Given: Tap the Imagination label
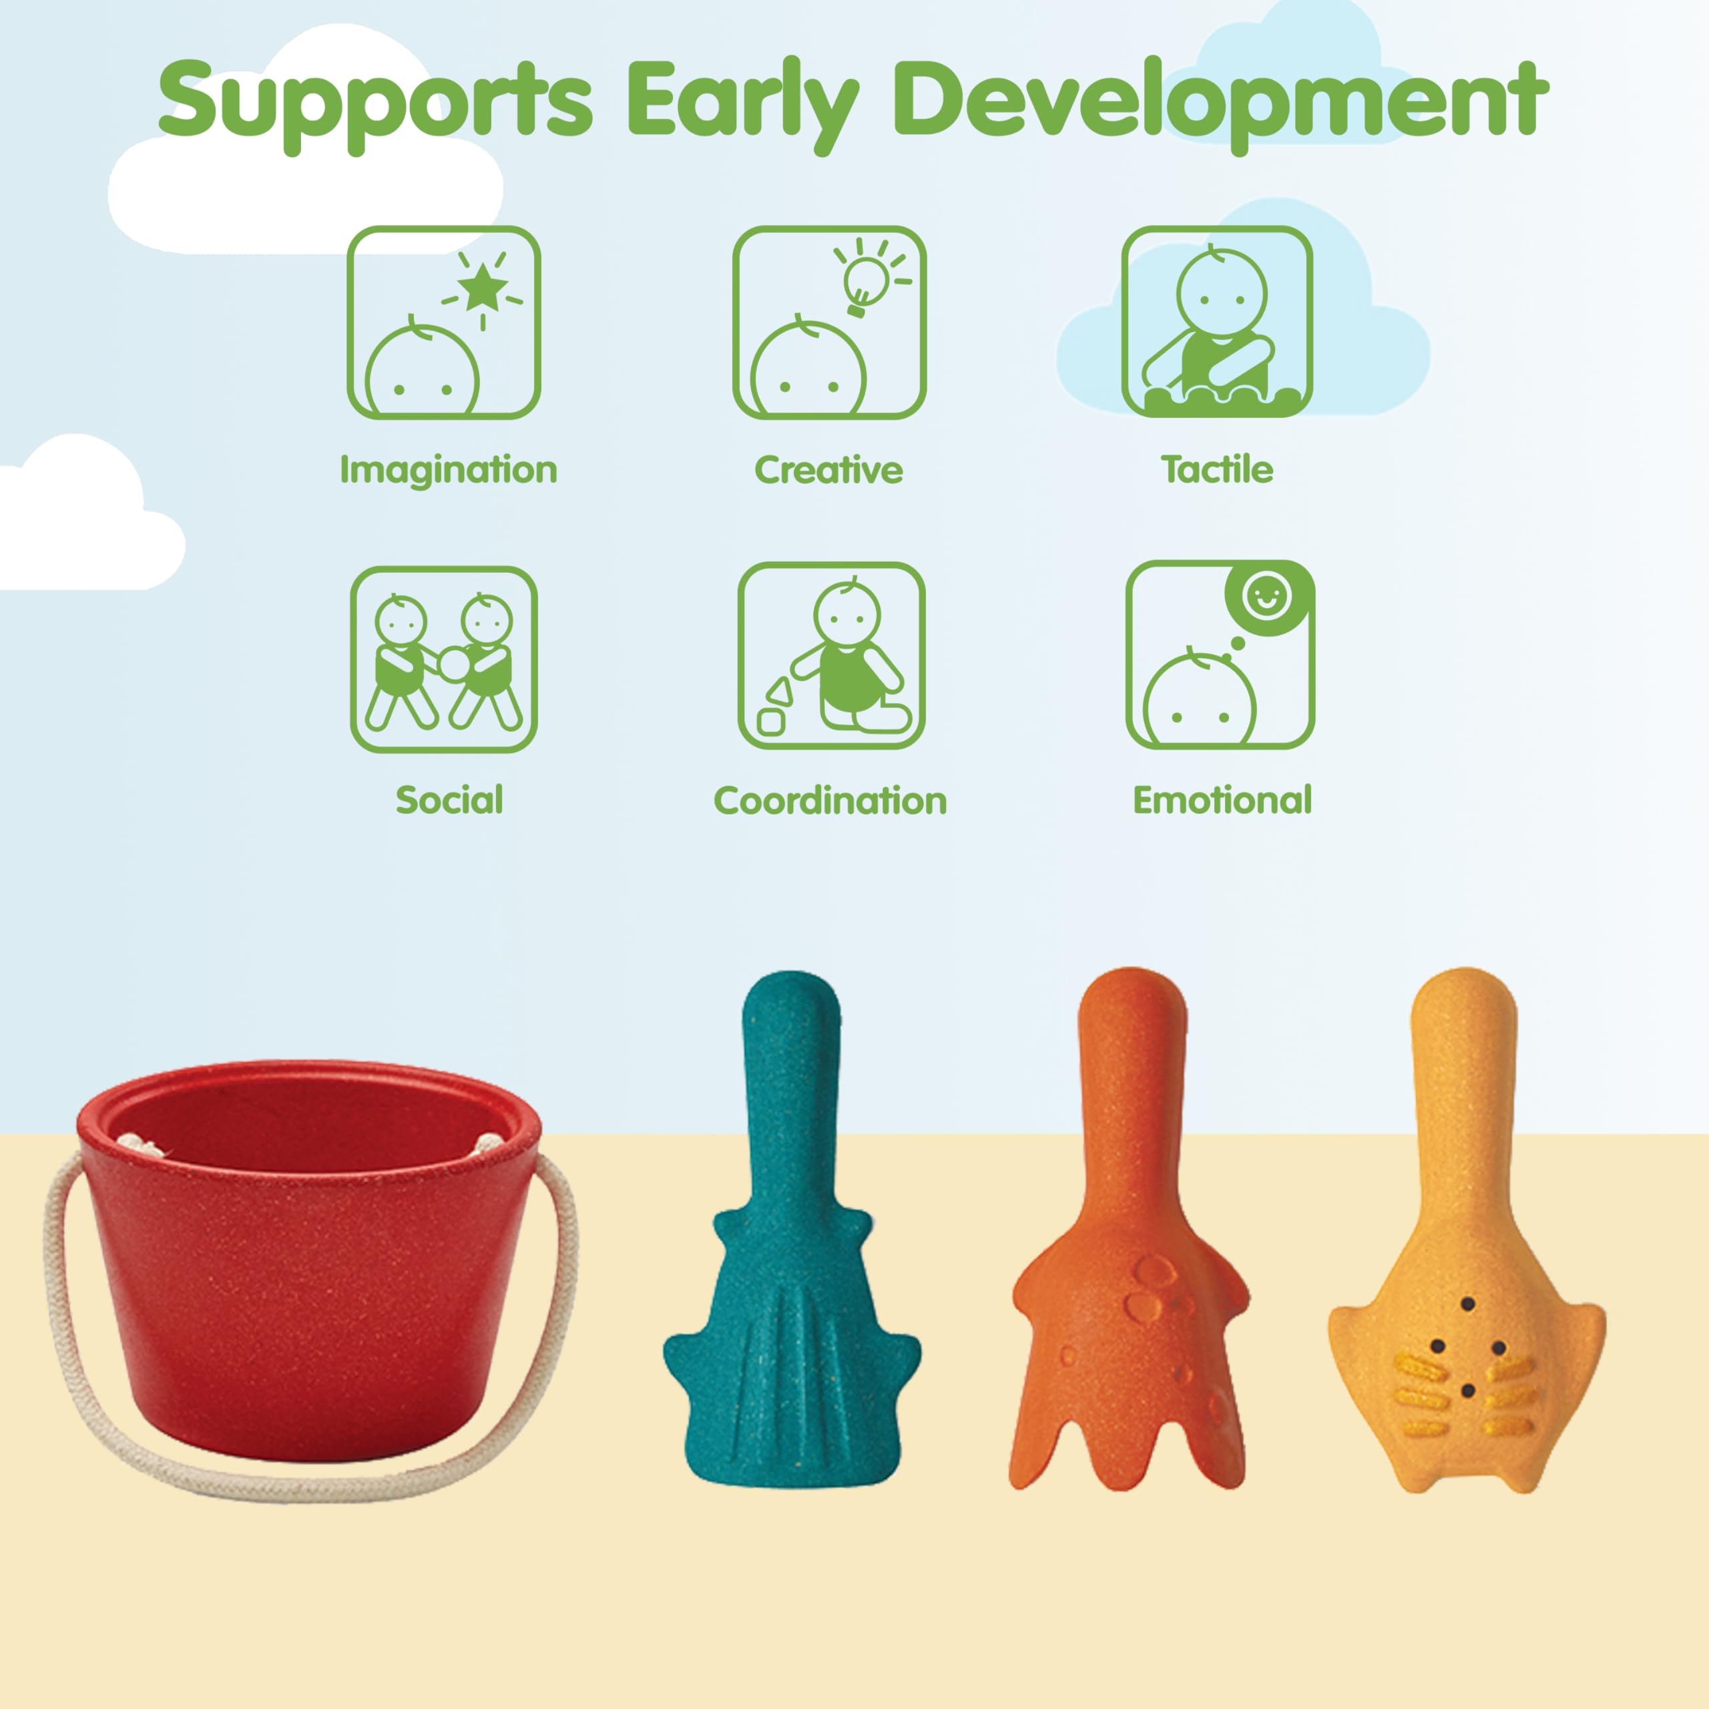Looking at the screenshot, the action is [449, 471].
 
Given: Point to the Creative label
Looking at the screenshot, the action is [829, 470].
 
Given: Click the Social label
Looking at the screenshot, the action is [449, 800].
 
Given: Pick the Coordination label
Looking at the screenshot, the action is [830, 800].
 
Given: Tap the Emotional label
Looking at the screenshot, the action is [1222, 800].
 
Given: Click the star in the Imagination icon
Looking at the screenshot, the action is [483, 288].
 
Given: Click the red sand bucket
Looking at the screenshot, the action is [308, 1257].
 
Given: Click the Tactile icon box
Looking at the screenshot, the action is [1217, 322].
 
